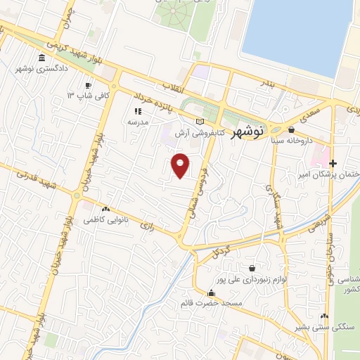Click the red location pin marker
[181, 166]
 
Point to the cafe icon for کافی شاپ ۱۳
[88, 85]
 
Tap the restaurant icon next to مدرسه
[137, 110]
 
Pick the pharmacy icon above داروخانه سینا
[291, 129]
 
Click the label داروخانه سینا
[291, 140]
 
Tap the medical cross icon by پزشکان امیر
[333, 163]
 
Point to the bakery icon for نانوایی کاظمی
[105, 210]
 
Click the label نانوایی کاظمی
[105, 220]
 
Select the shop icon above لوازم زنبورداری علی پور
[252, 268]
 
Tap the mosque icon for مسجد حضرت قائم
[211, 292]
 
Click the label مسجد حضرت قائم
[211, 303]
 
